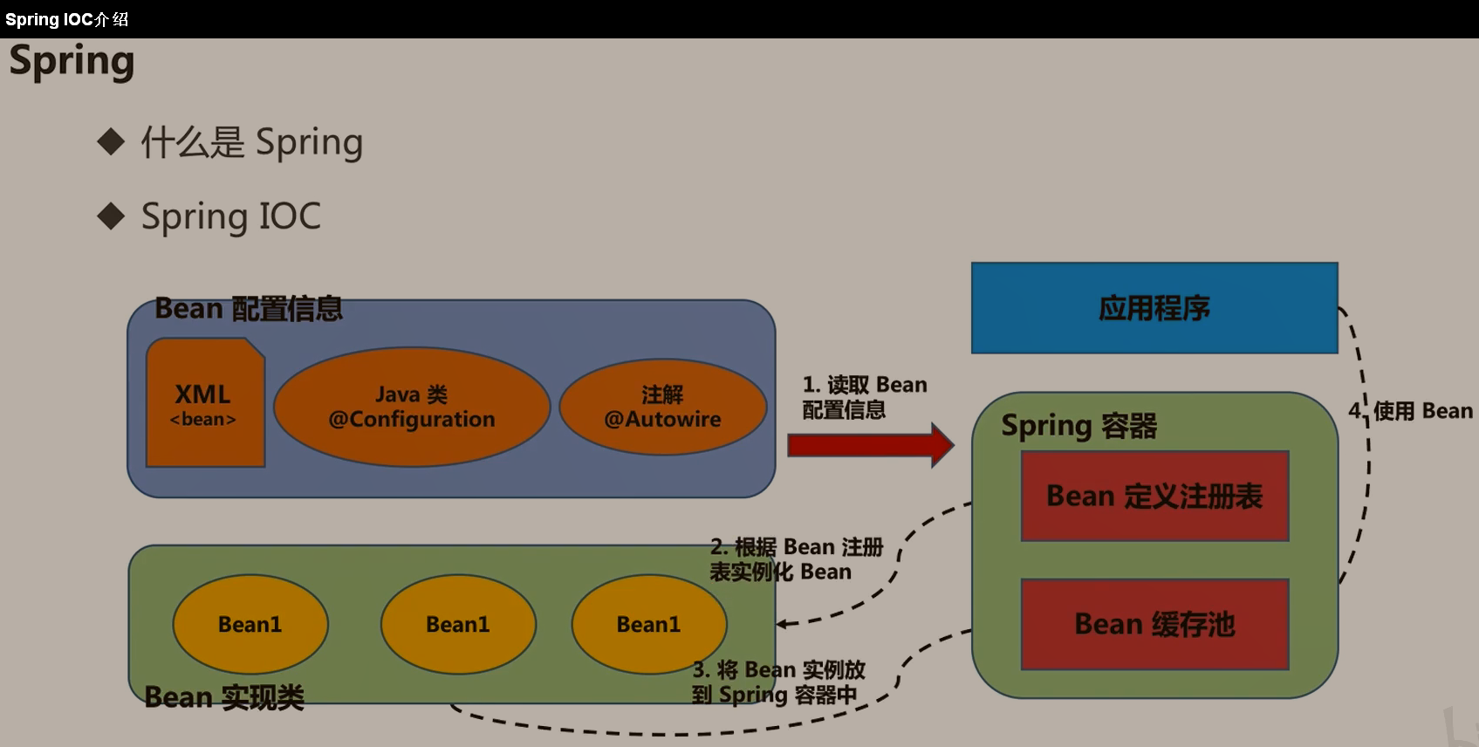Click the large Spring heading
point(72,61)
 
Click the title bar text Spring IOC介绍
point(66,19)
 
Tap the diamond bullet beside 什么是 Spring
point(111,140)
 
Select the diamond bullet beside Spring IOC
point(111,216)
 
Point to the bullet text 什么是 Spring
point(251,142)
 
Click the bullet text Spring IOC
point(230,216)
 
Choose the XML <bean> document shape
point(205,404)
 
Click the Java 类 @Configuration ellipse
point(411,408)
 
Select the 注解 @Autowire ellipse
point(662,408)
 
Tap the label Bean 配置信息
point(249,308)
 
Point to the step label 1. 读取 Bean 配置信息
point(864,397)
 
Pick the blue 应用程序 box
point(1154,308)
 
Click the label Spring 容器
point(1078,426)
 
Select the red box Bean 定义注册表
point(1154,496)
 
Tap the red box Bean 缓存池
point(1154,624)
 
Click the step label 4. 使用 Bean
point(1410,411)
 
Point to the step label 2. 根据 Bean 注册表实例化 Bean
point(796,559)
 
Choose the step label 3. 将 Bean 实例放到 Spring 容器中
point(777,682)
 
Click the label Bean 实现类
point(224,697)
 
